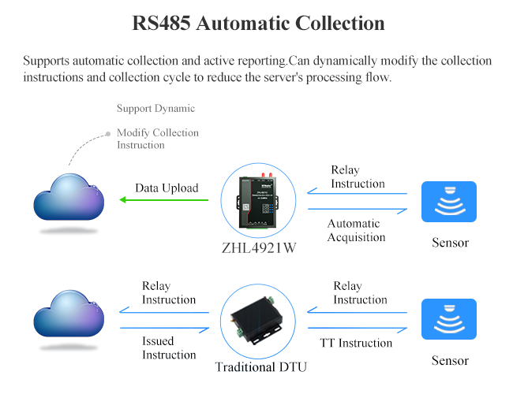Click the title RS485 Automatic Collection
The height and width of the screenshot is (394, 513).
tap(258, 24)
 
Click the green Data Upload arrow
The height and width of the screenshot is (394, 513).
tap(164, 200)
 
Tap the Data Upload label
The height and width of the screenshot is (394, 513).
tap(167, 188)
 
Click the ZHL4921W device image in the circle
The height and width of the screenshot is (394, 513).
tap(257, 201)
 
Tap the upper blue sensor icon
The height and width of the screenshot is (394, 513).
tap(449, 202)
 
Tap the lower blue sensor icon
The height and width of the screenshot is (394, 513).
tap(449, 319)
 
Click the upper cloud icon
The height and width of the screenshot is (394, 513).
tap(69, 198)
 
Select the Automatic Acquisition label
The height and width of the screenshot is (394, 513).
tap(357, 230)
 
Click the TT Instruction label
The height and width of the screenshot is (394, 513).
tap(356, 343)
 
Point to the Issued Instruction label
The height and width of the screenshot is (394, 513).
tap(169, 348)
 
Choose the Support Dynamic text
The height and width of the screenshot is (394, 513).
tap(155, 108)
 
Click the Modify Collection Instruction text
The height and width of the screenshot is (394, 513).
tap(158, 139)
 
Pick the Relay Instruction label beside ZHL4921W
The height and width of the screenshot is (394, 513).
tap(358, 177)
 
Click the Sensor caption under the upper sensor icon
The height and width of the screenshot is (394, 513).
tap(450, 243)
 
